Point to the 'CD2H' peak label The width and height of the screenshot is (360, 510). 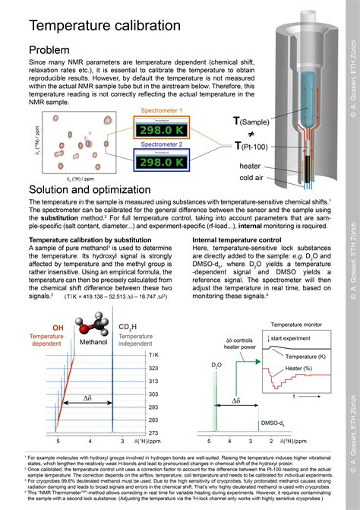tap(128, 328)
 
